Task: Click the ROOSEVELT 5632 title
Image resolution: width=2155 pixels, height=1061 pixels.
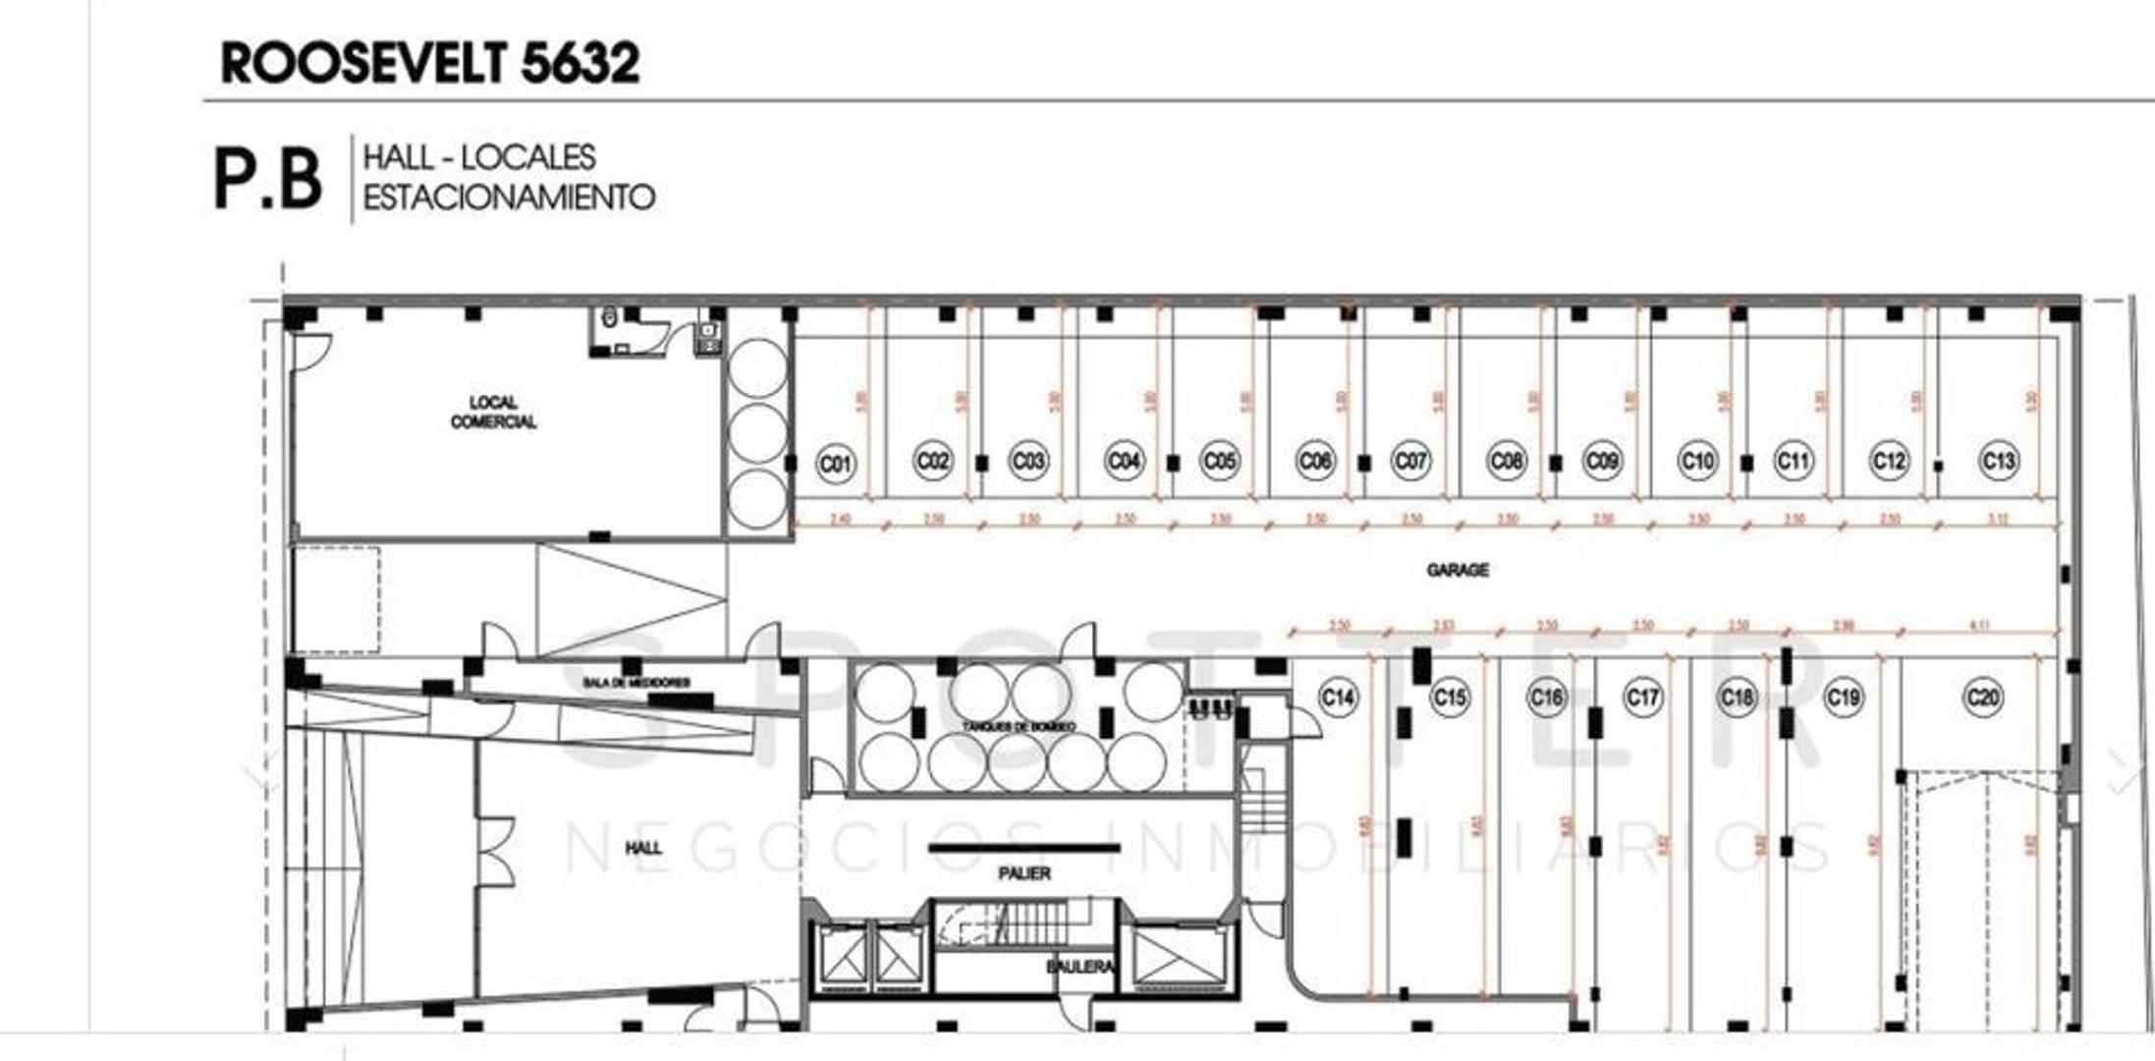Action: tap(430, 63)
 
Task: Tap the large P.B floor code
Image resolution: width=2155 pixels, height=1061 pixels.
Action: tap(267, 179)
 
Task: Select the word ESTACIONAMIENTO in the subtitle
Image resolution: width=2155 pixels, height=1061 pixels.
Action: tap(509, 197)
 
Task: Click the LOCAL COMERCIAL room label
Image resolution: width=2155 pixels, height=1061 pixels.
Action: tap(493, 413)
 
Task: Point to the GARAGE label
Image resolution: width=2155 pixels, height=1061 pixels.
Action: tap(1457, 570)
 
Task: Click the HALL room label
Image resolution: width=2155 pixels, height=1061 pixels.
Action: tap(643, 848)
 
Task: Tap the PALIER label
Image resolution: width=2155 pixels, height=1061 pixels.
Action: tap(1023, 872)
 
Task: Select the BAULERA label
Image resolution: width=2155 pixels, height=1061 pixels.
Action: tap(1080, 967)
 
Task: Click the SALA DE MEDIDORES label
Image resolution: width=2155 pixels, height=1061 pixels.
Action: tap(636, 682)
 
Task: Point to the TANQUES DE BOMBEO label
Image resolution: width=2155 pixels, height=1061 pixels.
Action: tap(1019, 726)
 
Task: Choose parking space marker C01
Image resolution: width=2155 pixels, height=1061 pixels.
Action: tap(836, 463)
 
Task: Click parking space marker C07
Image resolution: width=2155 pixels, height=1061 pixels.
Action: tap(1410, 461)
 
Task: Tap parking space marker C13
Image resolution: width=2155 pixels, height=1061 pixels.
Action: tap(1998, 461)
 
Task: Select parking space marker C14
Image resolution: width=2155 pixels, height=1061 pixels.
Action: tap(1337, 698)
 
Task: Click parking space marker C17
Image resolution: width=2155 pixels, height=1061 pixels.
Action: tap(1641, 698)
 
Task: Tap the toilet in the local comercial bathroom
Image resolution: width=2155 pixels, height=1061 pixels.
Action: tap(609, 317)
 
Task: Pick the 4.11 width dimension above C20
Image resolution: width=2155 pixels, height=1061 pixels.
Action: tap(1980, 626)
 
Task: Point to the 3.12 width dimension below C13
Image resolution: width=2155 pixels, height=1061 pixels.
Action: tap(1997, 519)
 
